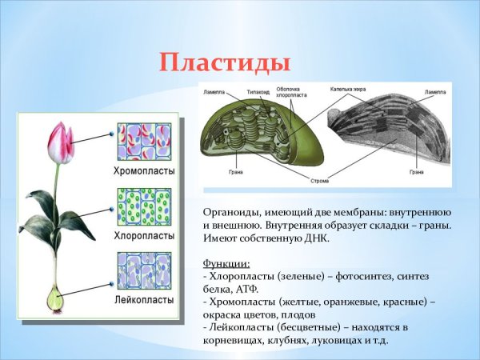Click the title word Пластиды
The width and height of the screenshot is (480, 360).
click(x=223, y=61)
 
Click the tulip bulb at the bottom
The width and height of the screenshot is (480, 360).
click(x=55, y=299)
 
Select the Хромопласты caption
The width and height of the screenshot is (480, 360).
click(x=143, y=171)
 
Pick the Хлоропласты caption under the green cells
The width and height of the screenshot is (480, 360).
click(x=143, y=236)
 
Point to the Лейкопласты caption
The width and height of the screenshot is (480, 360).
click(x=143, y=299)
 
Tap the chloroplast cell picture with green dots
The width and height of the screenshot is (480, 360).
click(x=144, y=206)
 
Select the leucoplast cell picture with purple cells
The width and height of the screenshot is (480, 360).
click(x=144, y=271)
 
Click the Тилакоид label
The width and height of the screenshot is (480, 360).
click(x=258, y=92)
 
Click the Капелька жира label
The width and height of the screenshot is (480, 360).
click(x=348, y=89)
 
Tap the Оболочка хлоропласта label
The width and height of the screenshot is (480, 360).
click(x=288, y=92)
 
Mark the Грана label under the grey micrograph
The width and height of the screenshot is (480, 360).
click(x=416, y=172)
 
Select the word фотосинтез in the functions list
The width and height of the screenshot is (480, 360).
click(x=346, y=275)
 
